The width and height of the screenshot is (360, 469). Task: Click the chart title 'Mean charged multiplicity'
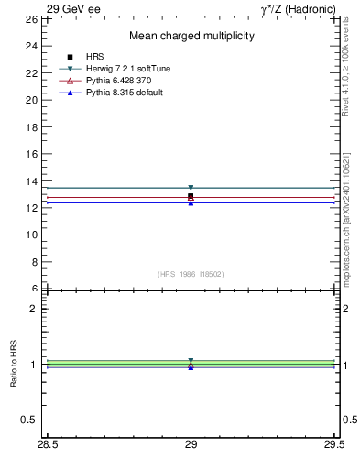[x=191, y=36]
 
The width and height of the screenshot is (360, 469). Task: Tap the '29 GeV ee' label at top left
[x=74, y=8]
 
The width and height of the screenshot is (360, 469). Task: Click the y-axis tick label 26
[x=31, y=18]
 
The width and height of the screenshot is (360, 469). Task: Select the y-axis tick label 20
[x=31, y=99]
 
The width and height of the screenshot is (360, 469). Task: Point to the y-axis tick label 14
[x=31, y=180]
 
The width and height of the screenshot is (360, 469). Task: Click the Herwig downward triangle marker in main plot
[x=191, y=188]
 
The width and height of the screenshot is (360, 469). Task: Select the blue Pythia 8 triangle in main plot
[x=191, y=202]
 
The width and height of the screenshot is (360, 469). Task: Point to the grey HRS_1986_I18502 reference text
[x=191, y=274]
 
